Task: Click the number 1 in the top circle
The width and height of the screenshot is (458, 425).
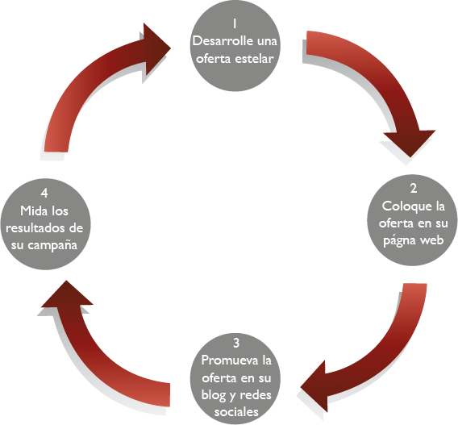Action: coord(235,23)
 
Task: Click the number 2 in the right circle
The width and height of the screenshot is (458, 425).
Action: coord(414,189)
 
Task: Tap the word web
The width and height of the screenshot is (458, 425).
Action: coord(432,240)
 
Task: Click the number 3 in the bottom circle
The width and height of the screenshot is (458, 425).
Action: coord(236,343)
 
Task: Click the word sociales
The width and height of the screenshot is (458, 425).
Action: coord(236,412)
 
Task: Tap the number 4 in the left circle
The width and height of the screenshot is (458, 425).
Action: coord(44,193)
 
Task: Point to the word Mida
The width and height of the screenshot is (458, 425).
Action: coord(32,210)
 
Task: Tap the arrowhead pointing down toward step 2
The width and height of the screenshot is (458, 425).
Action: coord(410,143)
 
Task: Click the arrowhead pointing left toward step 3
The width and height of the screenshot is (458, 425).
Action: coord(313,387)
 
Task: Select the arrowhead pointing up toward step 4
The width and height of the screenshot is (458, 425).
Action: coord(67,294)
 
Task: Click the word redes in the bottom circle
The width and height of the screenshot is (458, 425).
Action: coord(255,395)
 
